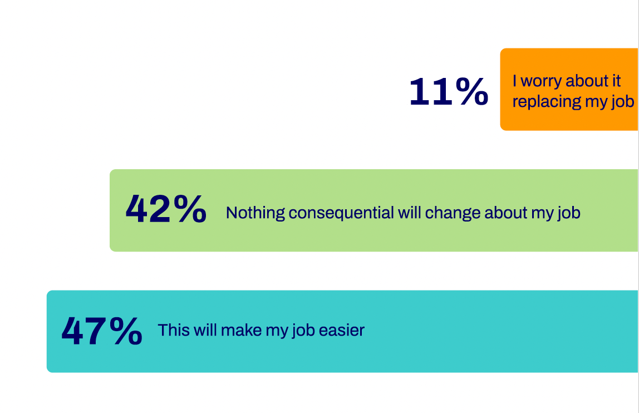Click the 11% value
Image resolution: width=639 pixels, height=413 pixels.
point(448,91)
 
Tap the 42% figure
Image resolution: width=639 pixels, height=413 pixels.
point(166,209)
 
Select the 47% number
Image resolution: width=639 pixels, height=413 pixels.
point(102,331)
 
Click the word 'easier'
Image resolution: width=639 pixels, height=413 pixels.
point(342,330)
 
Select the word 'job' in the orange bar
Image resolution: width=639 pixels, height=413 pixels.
point(623,102)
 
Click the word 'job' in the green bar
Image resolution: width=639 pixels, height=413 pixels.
point(569,213)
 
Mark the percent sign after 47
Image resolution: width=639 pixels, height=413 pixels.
point(126,331)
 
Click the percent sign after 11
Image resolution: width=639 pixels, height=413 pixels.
point(472,91)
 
